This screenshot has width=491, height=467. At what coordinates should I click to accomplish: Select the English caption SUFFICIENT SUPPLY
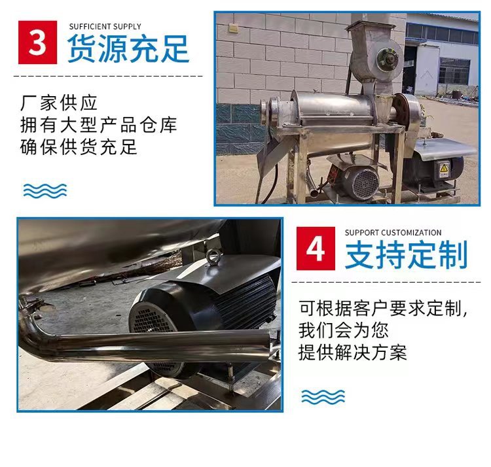click(105, 26)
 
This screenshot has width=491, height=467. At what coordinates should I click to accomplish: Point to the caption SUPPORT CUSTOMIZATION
click(393, 232)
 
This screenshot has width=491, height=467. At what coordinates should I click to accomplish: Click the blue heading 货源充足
click(128, 50)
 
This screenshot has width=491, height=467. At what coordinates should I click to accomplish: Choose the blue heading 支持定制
click(407, 255)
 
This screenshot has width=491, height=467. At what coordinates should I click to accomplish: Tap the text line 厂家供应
click(60, 103)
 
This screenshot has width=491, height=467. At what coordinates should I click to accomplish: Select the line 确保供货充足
click(79, 147)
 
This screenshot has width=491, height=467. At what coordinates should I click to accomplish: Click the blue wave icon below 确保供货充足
click(45, 190)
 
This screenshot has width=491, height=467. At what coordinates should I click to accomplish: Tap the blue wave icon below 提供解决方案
click(323, 396)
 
